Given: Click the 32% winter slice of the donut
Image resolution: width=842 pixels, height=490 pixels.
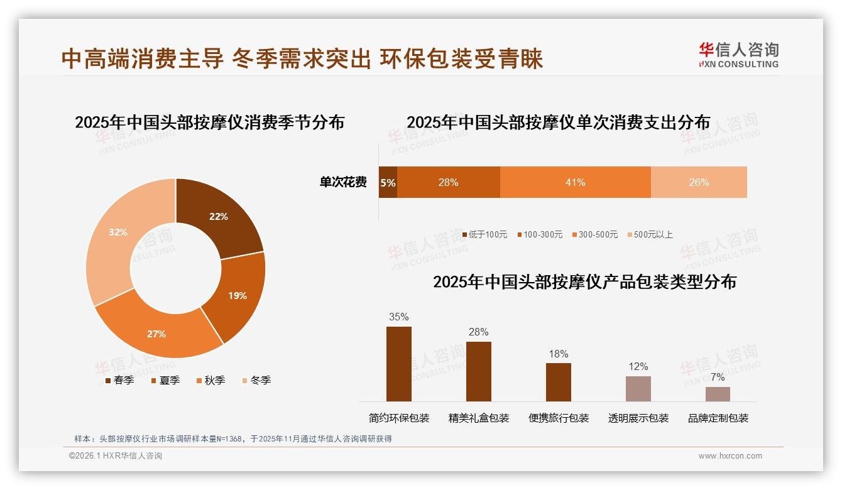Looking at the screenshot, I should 113,239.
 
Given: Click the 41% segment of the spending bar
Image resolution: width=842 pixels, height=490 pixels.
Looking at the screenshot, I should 575,182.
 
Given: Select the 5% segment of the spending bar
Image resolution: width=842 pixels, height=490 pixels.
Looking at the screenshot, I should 388,183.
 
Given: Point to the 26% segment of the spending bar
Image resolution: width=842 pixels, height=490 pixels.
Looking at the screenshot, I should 699,182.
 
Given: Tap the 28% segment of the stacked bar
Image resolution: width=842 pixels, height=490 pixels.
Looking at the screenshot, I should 448,182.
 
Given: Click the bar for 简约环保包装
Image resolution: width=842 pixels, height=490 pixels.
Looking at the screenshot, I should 399,364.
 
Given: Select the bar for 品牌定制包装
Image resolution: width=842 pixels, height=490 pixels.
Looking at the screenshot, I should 718,394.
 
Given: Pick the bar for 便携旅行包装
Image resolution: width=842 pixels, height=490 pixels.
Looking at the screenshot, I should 559,382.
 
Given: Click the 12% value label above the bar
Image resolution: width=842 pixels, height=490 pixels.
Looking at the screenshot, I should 638,366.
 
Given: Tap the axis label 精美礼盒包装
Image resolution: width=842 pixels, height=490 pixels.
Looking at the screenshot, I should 479,418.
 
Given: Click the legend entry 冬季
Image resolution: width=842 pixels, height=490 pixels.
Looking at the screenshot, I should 256,380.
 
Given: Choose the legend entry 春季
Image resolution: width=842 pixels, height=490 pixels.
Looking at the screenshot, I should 119,380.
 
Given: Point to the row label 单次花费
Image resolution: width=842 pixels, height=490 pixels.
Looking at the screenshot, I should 343,182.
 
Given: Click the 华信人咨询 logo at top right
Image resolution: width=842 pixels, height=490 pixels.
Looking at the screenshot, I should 738,55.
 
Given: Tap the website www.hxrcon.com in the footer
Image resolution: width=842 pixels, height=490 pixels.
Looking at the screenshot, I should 730,456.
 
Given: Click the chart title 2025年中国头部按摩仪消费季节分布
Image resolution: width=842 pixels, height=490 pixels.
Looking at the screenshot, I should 209,122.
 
